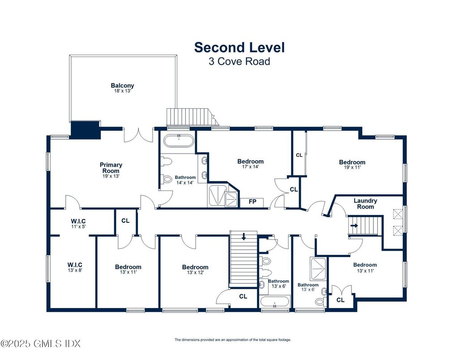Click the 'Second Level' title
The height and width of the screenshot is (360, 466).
coord(239,47)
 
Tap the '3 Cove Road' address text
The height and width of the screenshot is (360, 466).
coord(239,61)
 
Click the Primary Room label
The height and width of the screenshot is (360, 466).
coord(111,168)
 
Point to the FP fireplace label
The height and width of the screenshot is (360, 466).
coord(252,202)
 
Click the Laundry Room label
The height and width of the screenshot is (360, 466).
coord(365,204)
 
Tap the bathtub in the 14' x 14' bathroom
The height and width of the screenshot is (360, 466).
coord(179,141)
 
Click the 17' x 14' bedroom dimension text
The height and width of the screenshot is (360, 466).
coord(251,167)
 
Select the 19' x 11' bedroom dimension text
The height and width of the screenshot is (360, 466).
coord(352,167)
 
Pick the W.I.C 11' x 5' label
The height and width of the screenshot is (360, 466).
coord(78,223)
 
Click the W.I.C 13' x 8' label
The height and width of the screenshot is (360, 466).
coord(75,267)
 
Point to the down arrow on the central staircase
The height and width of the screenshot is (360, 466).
coord(244,236)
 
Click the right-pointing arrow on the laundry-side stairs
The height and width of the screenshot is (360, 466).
coord(354,225)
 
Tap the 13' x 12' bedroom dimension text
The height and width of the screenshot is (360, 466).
coord(195,272)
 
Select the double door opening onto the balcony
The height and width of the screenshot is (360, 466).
coord(138,135)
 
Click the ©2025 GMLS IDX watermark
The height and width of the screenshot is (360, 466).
coord(41,343)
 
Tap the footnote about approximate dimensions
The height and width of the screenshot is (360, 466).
coord(233,340)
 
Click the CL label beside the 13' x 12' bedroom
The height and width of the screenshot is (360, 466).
coord(243,296)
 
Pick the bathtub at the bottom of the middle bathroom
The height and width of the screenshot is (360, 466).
coord(274,302)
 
